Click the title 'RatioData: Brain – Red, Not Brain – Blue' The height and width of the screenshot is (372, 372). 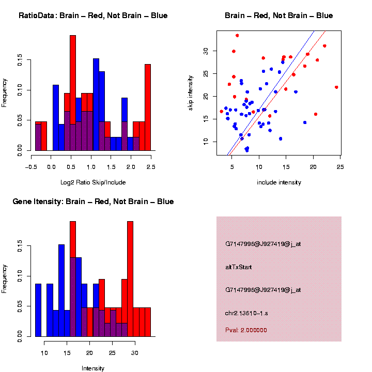pyautogui.click(x=93, y=16)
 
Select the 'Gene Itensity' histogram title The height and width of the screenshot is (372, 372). pyautogui.click(x=93, y=202)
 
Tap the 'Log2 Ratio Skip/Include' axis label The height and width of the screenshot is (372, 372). pyautogui.click(x=93, y=182)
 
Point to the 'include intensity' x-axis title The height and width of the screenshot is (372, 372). pyautogui.click(x=278, y=182)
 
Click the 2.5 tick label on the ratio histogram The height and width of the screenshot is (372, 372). pyautogui.click(x=150, y=167)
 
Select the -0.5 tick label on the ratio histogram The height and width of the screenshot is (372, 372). pyautogui.click(x=31, y=167)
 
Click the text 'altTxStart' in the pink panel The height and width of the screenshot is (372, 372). pyautogui.click(x=239, y=267)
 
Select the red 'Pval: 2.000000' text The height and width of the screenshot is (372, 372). pyautogui.click(x=246, y=330)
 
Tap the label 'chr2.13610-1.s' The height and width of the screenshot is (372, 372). pyautogui.click(x=246, y=313)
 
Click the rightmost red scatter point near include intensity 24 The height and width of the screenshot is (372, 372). pyautogui.click(x=336, y=87)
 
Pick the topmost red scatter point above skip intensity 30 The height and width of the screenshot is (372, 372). pyautogui.click(x=237, y=36)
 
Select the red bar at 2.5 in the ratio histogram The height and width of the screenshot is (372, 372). pyautogui.click(x=148, y=109)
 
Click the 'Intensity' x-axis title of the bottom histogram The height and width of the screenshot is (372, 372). pyautogui.click(x=93, y=368)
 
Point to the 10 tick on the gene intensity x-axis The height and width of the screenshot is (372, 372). pyautogui.click(x=44, y=353)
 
